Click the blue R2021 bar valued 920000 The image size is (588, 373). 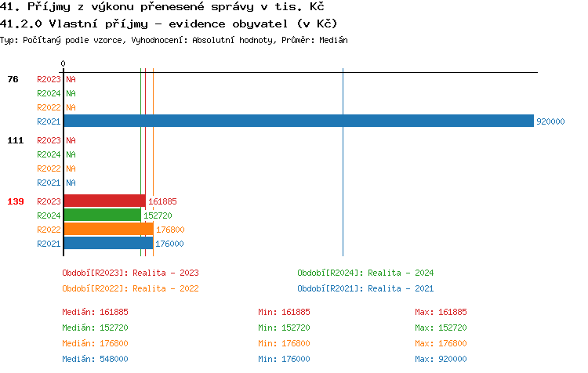coord(298,121)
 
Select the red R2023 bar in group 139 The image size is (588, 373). coord(104,201)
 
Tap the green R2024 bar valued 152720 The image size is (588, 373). coord(102,215)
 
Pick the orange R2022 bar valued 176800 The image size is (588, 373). coord(108,229)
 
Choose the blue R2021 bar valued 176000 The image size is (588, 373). coord(108,243)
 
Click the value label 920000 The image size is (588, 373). coord(550,121)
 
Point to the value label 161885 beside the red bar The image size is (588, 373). coord(162,201)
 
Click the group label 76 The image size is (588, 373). coord(13,79)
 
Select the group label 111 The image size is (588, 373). coord(15,140)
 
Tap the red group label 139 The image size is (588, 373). coord(15,201)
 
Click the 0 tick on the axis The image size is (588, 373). coord(64,63)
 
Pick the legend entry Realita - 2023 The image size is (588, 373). coord(130,273)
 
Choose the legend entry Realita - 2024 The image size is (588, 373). coord(365,273)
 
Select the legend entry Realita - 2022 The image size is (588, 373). coord(130,288)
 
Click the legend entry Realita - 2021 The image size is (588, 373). coord(365,288)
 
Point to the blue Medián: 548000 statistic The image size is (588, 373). coord(95,359)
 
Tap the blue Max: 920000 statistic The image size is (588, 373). coord(441,359)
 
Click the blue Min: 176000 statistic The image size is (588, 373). coord(284,359)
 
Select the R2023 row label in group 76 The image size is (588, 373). coord(49,79)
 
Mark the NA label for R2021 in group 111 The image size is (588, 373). coord(71,183)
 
